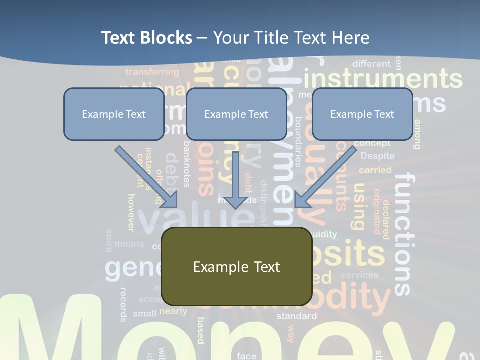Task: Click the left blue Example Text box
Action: (x=114, y=114)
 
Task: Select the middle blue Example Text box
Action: (x=236, y=114)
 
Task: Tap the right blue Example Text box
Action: (x=362, y=114)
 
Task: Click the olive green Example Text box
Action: (x=236, y=266)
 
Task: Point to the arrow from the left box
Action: (x=146, y=176)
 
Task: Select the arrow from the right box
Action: (x=326, y=176)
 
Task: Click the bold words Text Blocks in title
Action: (x=146, y=38)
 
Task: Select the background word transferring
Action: (x=152, y=72)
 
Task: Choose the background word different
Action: (x=371, y=64)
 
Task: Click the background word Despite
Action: (x=377, y=156)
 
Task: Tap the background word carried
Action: (x=375, y=170)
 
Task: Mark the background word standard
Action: (x=296, y=316)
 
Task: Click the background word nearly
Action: (x=173, y=311)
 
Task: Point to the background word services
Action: (x=359, y=275)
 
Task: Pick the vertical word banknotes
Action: (x=186, y=164)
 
